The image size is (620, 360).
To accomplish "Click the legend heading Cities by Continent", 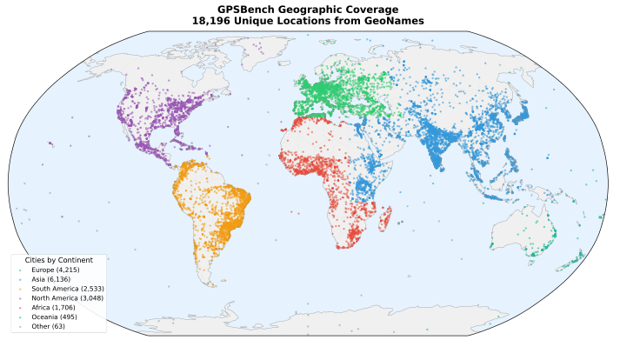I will point(59,261).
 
